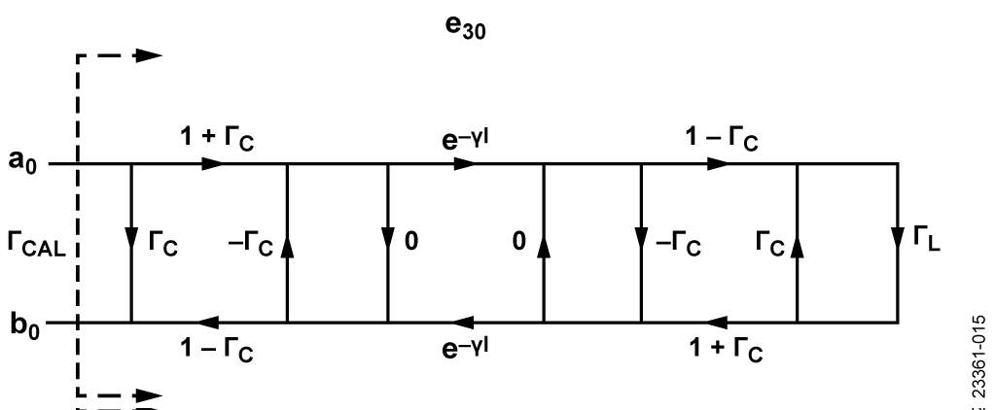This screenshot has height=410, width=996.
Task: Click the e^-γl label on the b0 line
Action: [460, 350]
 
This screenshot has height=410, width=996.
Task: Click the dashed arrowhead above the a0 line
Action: [148, 56]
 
